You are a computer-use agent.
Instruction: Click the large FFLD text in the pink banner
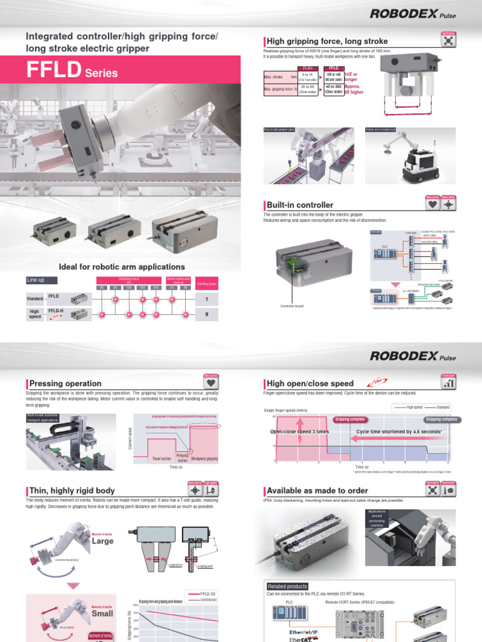[x=53, y=70]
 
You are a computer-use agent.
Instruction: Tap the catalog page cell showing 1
[x=206, y=299]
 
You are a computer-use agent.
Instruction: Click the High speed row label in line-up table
[x=35, y=314]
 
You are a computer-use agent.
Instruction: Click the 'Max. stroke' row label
[x=277, y=76]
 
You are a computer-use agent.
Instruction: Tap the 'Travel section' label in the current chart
[x=161, y=459]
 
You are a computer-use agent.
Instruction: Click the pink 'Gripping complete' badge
[x=350, y=419]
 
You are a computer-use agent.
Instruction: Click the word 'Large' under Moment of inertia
[x=102, y=540]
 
